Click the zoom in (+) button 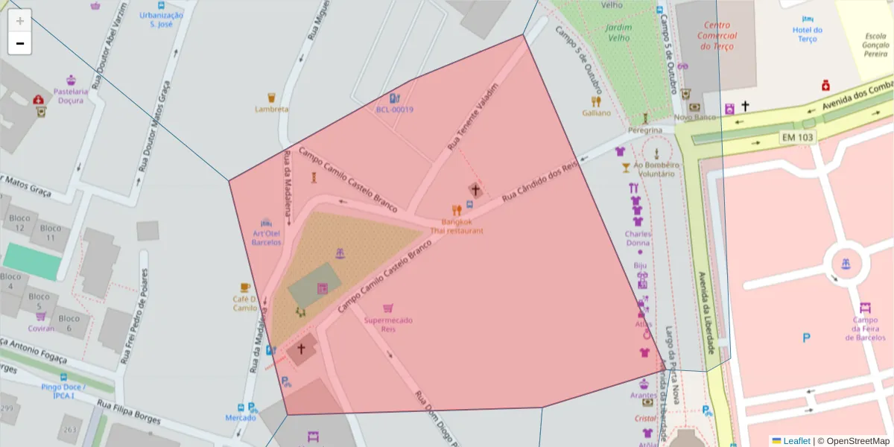pyautogui.click(x=20, y=20)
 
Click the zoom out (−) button pyautogui.click(x=20, y=43)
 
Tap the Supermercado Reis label pyautogui.click(x=388, y=324)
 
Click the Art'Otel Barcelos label pyautogui.click(x=266, y=238)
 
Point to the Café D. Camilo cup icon pyautogui.click(x=245, y=287)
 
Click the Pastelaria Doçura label pyautogui.click(x=71, y=95)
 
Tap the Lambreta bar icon pyautogui.click(x=271, y=97)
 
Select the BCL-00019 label pyautogui.click(x=394, y=110)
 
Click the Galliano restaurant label pyautogui.click(x=596, y=112)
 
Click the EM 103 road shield pyautogui.click(x=798, y=138)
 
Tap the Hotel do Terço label pyautogui.click(x=808, y=34)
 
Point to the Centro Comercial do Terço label pyautogui.click(x=717, y=35)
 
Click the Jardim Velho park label pyautogui.click(x=619, y=33)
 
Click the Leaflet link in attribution pyautogui.click(x=796, y=441)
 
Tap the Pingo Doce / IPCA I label pyautogui.click(x=63, y=391)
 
